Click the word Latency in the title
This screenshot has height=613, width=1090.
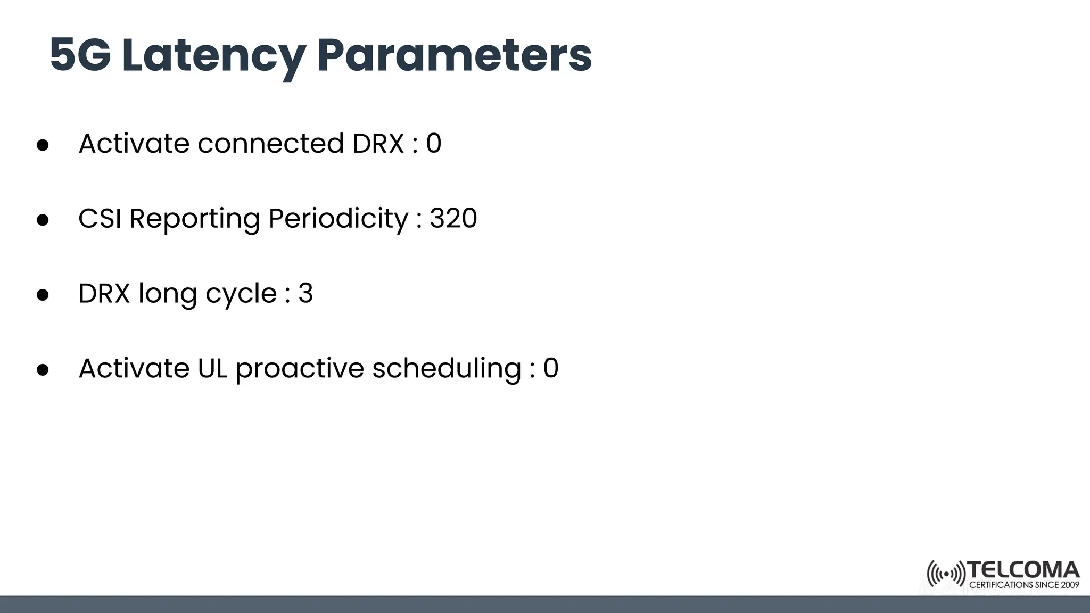pyautogui.click(x=213, y=55)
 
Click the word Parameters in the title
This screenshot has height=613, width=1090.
pyautogui.click(x=454, y=55)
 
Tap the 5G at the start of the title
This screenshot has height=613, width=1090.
pyautogui.click(x=80, y=55)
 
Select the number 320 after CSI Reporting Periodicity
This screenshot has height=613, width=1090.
pyautogui.click(x=453, y=218)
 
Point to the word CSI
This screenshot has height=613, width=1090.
pyautogui.click(x=100, y=218)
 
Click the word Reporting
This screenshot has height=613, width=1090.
pyautogui.click(x=194, y=219)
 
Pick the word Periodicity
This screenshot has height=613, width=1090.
pyautogui.click(x=338, y=219)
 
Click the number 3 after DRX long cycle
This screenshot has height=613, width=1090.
pyautogui.click(x=305, y=293)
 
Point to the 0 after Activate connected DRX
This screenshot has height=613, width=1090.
pyautogui.click(x=434, y=144)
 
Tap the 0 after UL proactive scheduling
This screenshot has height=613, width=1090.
pyautogui.click(x=551, y=368)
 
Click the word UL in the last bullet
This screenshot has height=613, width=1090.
pyautogui.click(x=212, y=368)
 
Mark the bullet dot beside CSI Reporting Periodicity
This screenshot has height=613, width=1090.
pyautogui.click(x=43, y=220)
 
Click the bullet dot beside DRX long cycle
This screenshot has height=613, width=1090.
pyautogui.click(x=43, y=295)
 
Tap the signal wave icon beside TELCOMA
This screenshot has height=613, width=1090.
pyautogui.click(x=946, y=574)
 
